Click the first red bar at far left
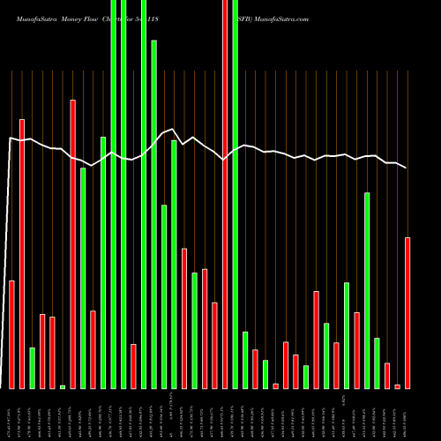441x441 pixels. (11, 334)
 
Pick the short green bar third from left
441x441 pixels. (32, 368)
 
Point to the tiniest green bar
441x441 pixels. (63, 386)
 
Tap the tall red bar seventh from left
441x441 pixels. (72, 244)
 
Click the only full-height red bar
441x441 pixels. (225, 194)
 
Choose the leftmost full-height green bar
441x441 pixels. (114, 194)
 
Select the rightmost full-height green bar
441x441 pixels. (235, 194)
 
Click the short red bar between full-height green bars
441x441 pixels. (134, 366)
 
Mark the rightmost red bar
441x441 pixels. (407, 312)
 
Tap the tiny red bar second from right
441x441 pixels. (397, 386)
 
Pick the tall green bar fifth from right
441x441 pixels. (367, 290)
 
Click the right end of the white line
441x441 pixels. (407, 168)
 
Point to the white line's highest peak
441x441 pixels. (174, 130)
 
